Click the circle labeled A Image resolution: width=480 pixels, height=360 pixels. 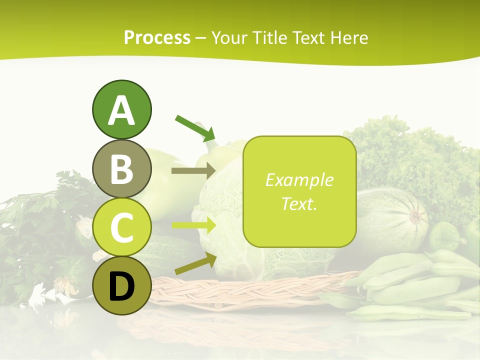click(x=121, y=110)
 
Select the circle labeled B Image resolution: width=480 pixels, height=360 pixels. click(x=121, y=168)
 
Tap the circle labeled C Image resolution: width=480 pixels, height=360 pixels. click(x=121, y=227)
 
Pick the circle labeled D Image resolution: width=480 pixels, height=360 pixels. click(x=121, y=285)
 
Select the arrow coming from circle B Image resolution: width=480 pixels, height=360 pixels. click(x=193, y=171)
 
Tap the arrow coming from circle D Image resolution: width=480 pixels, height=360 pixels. click(x=195, y=264)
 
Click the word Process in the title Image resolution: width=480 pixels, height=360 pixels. click(x=157, y=38)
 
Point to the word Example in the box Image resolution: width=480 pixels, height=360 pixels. click(x=299, y=180)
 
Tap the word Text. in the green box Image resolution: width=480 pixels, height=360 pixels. click(x=299, y=204)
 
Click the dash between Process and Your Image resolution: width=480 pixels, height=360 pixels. click(x=201, y=38)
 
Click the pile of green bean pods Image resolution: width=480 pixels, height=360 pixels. click(x=415, y=290)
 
